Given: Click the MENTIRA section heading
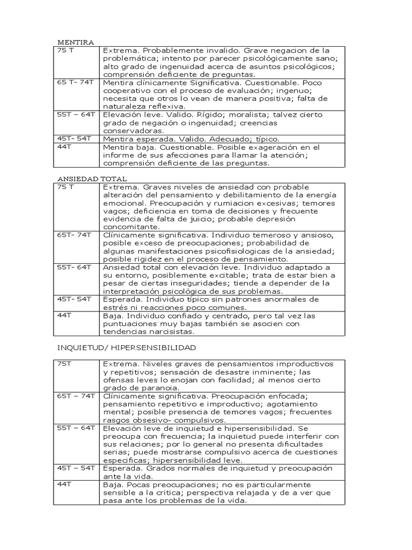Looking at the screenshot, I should [76, 42].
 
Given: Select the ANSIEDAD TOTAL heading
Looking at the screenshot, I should [92, 178].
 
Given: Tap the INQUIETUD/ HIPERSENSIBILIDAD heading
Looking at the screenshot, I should [127, 348].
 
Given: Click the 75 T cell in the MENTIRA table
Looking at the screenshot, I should [65, 51].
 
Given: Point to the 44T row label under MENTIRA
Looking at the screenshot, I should [65, 147].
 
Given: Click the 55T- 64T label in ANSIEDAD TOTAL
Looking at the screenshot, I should [75, 267].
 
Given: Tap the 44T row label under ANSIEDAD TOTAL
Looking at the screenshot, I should [65, 315].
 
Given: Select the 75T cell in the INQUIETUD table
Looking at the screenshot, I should [64, 364].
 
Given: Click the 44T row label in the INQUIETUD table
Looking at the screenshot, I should [65, 484].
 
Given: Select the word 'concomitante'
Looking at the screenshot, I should [130, 227].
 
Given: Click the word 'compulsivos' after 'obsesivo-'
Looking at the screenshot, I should [193, 420].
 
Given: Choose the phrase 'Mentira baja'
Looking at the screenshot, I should [127, 147].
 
